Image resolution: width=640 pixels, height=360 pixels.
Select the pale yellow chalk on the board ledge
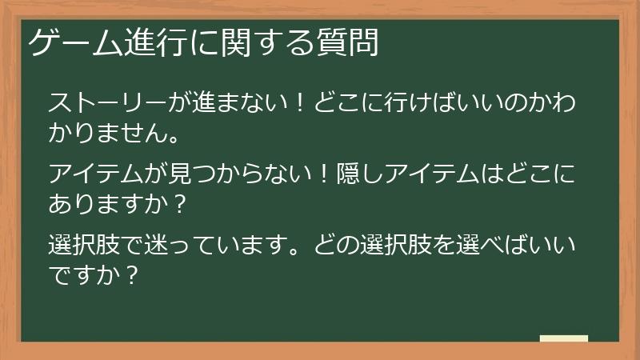pyautogui.click(x=564, y=338)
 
